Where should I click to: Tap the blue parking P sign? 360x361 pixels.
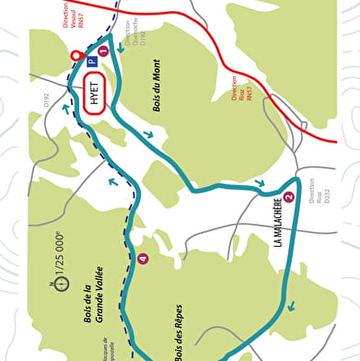point(91,62)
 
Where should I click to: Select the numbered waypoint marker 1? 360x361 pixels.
point(103,52)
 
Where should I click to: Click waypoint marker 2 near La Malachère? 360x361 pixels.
point(289,196)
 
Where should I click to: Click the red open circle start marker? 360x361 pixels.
point(76,56)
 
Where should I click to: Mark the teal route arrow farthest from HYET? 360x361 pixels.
point(291,307)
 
